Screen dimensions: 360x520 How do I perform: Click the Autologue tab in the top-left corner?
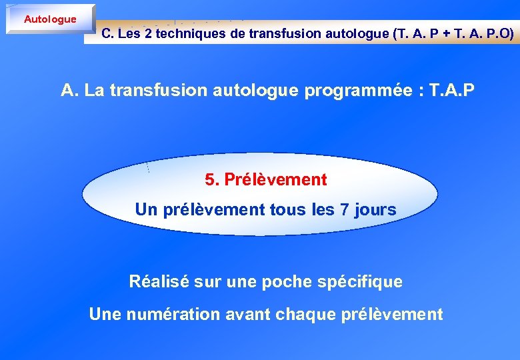tap(50, 19)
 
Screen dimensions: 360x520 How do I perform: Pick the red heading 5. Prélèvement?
tap(266, 180)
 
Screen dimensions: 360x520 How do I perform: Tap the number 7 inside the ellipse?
tap(344, 210)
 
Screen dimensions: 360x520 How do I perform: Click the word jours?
tap(375, 210)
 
